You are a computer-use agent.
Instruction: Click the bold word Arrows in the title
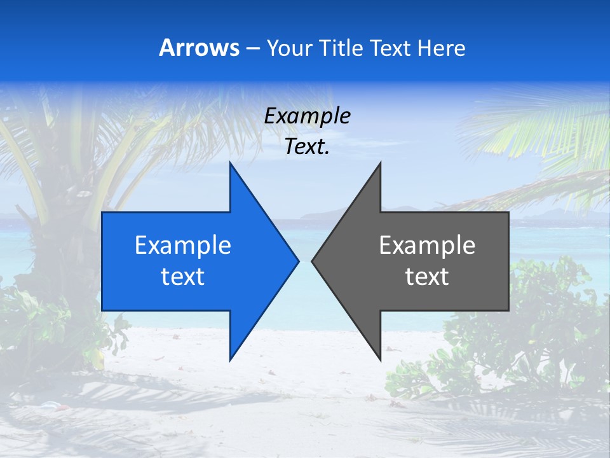(200, 48)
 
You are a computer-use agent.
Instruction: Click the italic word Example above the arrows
(308, 116)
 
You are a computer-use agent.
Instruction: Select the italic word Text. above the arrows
(308, 147)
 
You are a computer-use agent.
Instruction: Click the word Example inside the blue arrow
(183, 246)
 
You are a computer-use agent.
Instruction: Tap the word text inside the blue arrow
(183, 277)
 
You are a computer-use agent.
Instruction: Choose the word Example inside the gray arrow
(427, 246)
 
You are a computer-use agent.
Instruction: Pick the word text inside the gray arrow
(427, 277)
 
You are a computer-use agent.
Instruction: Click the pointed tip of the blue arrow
(297, 261)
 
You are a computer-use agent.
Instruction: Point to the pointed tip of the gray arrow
(313, 261)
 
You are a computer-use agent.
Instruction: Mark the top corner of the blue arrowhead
(231, 163)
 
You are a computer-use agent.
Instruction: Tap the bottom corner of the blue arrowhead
(231, 359)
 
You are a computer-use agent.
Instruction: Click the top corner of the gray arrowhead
(380, 163)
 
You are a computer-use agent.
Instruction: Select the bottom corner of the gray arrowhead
(380, 359)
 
